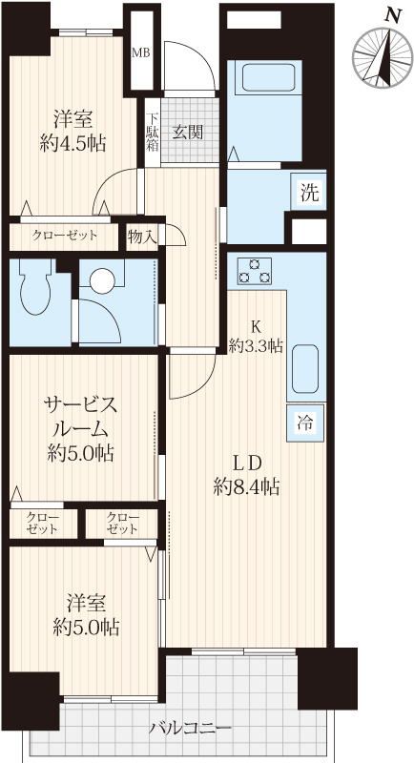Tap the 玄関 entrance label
(187, 132)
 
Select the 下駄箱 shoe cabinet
(153, 132)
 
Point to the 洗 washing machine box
(309, 194)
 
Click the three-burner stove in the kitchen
(254, 272)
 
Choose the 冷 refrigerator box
(305, 423)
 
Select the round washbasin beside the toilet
(102, 281)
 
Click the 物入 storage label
(141, 237)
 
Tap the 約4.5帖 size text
(72, 144)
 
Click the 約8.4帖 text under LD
(246, 486)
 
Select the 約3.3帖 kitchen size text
(256, 346)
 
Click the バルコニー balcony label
(190, 729)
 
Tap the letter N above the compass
(393, 15)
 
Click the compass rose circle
(382, 58)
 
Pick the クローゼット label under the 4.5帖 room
(65, 236)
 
